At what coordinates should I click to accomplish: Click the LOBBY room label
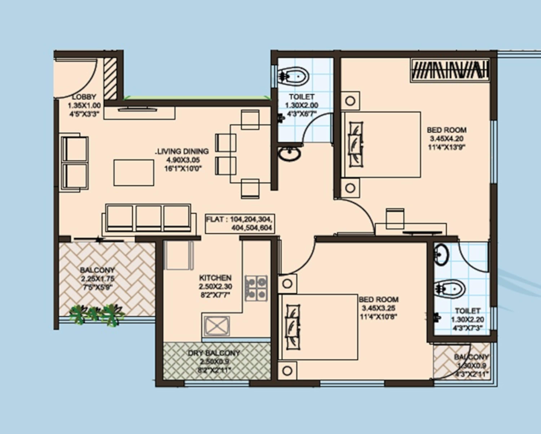click(84, 97)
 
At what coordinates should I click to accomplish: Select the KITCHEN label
click(215, 278)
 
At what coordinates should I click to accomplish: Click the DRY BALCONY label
click(214, 353)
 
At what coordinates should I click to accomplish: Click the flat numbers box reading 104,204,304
click(240, 224)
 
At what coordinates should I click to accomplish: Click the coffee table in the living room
click(134, 173)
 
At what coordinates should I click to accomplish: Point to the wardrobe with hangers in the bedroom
click(450, 70)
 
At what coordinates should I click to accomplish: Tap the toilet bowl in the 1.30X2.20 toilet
click(450, 289)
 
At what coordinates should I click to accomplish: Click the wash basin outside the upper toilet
click(289, 154)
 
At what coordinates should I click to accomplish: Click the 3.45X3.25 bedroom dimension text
click(379, 308)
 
